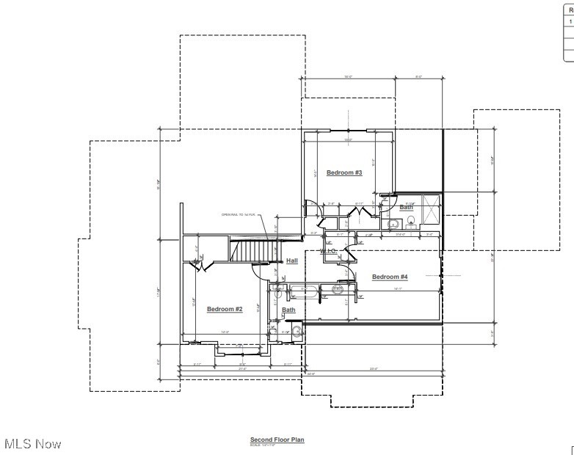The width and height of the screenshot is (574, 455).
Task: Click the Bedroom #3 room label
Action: [344, 172]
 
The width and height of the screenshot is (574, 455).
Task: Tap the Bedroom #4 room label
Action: [389, 277]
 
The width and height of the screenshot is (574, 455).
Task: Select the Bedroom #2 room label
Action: [224, 309]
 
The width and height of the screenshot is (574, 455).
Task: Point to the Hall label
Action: [291, 261]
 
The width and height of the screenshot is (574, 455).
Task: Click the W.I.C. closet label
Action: [327, 252]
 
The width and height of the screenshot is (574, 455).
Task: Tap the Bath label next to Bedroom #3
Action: [406, 207]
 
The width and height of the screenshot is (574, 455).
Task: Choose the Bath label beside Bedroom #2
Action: [288, 310]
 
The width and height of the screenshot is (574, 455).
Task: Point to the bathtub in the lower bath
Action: [302, 291]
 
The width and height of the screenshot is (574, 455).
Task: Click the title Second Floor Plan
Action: [277, 440]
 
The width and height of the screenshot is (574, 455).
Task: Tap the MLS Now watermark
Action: [33, 443]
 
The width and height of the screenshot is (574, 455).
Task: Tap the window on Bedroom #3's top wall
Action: [349, 130]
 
